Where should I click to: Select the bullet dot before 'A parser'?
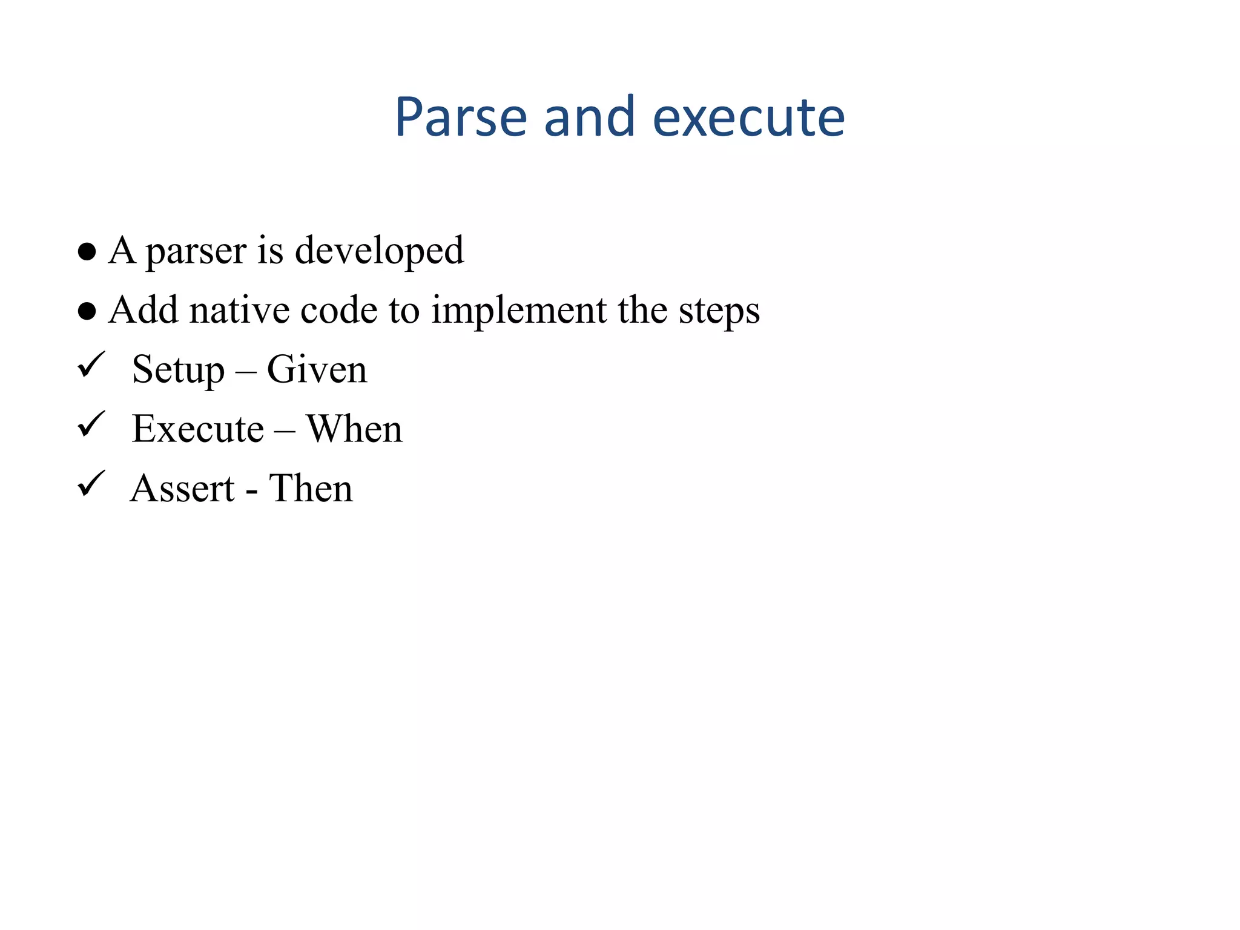(x=87, y=251)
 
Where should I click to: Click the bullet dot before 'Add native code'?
(x=87, y=311)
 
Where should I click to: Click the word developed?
(x=379, y=251)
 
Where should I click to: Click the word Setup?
(x=178, y=369)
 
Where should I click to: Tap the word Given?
(x=317, y=369)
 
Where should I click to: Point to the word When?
(x=354, y=429)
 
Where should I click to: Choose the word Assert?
(x=182, y=488)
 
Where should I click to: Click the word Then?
(x=311, y=488)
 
